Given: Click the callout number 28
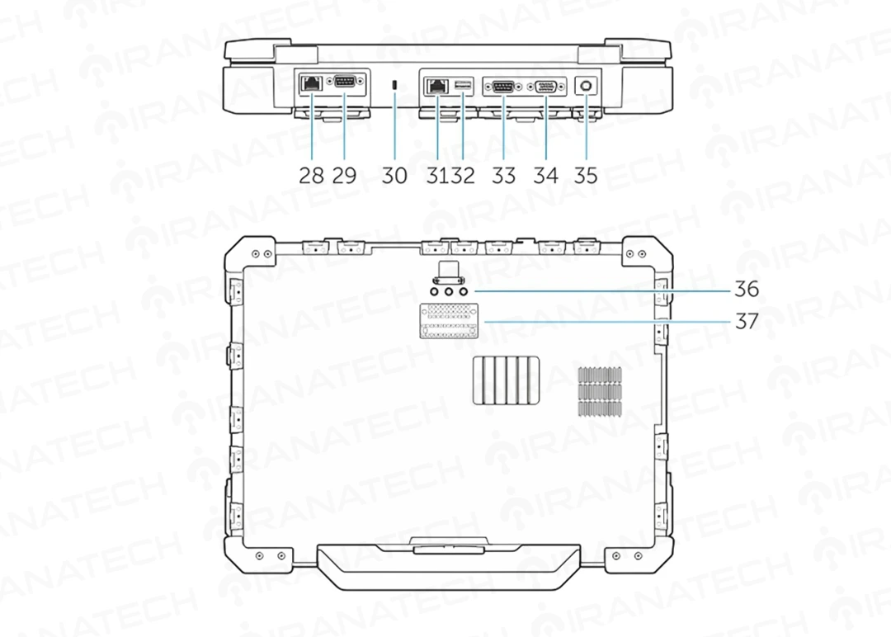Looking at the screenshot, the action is point(311,175).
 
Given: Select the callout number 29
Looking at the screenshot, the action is point(344,175).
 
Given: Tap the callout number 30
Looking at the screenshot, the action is point(394,175).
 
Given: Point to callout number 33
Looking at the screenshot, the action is point(503,175).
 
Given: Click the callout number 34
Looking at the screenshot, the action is point(545,175).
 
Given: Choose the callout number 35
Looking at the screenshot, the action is point(586,175).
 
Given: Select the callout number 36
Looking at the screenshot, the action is point(747,290).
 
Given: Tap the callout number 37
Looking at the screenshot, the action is point(747,322).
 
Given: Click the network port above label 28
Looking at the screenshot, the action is point(311,83).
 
